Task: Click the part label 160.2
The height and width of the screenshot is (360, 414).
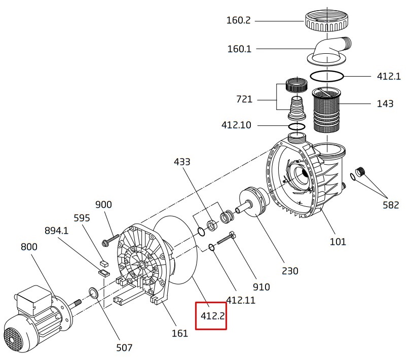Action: (x=239, y=21)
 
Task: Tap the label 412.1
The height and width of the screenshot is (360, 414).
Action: (x=389, y=77)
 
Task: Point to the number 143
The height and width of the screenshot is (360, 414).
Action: (x=385, y=104)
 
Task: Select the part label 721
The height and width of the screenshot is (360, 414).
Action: (x=244, y=99)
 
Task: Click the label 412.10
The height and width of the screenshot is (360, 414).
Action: (x=236, y=125)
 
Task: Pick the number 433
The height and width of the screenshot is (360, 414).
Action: (x=182, y=162)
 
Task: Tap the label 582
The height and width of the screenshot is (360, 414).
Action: (x=391, y=205)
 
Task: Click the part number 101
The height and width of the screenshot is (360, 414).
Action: (x=338, y=241)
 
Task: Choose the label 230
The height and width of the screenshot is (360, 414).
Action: (x=290, y=270)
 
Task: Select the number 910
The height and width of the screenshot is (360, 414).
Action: (x=261, y=287)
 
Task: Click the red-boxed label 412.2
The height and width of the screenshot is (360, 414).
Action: (x=211, y=315)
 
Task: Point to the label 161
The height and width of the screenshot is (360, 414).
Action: (x=180, y=333)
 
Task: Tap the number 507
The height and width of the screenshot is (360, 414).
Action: (x=124, y=347)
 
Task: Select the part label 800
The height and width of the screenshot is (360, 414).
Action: (x=29, y=247)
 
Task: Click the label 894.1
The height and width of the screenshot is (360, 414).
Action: (x=56, y=231)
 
